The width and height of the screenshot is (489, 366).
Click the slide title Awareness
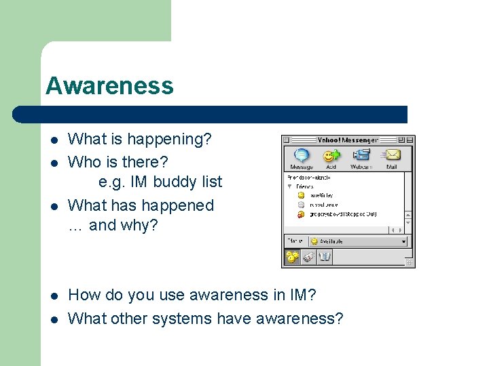(x=109, y=86)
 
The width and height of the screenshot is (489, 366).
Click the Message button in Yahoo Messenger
(x=302, y=158)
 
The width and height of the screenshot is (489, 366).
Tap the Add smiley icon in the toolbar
(x=331, y=158)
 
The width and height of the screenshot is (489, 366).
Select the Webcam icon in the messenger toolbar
(x=361, y=158)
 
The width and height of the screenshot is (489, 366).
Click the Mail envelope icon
(x=391, y=158)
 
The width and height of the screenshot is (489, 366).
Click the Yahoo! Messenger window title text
(x=348, y=140)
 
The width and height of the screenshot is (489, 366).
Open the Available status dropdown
(x=357, y=241)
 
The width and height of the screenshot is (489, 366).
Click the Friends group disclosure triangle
(x=290, y=186)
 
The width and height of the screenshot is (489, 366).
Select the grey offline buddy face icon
(x=301, y=204)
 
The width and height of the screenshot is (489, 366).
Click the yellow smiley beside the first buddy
(x=301, y=195)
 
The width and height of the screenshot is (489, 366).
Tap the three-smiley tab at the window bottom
(x=292, y=257)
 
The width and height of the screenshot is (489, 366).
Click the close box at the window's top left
(x=287, y=140)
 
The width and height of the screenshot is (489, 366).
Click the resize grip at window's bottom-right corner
(x=410, y=262)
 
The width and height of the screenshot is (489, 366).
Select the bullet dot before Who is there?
(x=54, y=163)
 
